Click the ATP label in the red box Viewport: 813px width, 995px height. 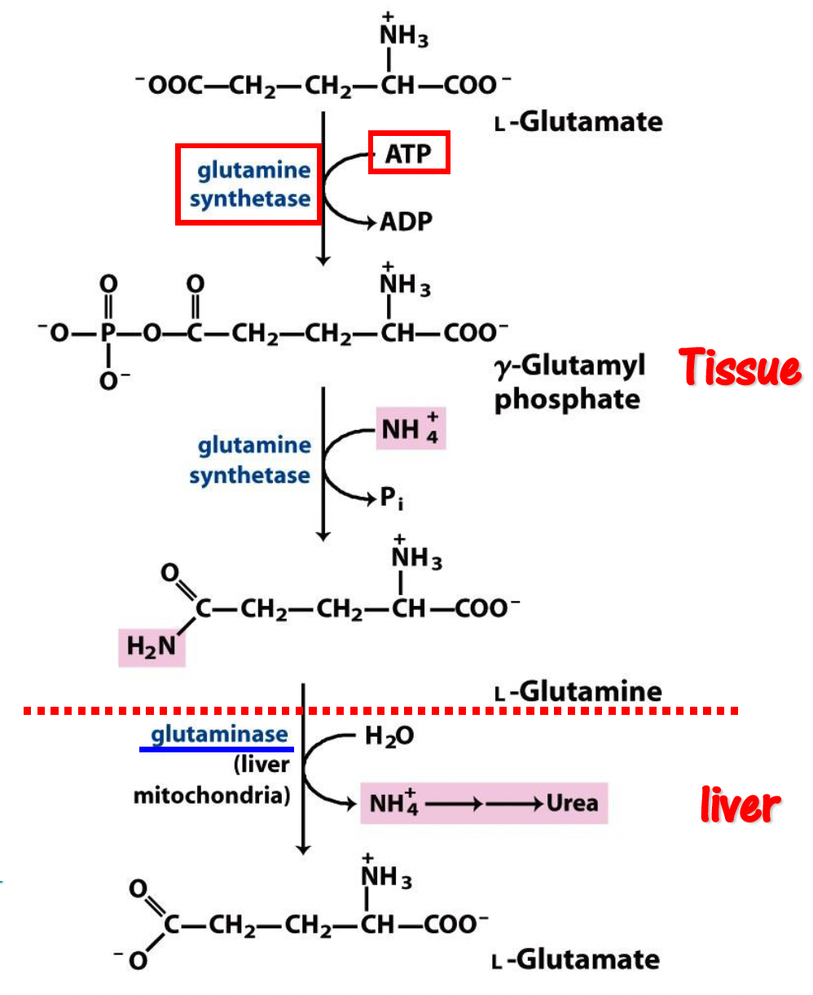[409, 152]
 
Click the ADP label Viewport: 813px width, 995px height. [406, 221]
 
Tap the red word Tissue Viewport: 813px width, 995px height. [740, 369]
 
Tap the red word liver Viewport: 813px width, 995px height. [740, 805]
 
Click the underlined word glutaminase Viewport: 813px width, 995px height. [219, 734]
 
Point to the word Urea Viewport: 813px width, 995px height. [572, 803]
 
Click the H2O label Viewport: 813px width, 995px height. [389, 737]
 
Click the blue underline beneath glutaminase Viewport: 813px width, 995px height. [216, 749]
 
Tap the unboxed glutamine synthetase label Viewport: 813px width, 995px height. [250, 460]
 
